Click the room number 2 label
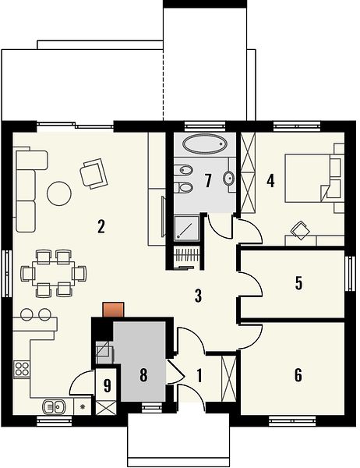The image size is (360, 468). [x=101, y=226]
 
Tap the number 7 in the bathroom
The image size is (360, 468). [x=208, y=181]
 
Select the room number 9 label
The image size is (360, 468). [x=107, y=385]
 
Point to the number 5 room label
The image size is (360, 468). [x=298, y=283]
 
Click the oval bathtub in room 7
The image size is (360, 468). [x=205, y=144]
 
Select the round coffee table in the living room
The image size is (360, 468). [x=59, y=193]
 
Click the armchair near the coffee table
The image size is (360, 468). [x=94, y=173]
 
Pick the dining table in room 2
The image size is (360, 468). [x=54, y=273]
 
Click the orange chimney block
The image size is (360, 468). [x=113, y=310]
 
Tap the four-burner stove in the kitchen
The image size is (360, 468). [x=22, y=368]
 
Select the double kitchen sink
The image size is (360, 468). [x=55, y=406]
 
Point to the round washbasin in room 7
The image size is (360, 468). [x=229, y=179]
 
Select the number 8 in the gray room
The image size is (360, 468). [x=143, y=375]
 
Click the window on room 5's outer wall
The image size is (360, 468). [x=350, y=274]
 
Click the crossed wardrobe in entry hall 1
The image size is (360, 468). [x=229, y=378]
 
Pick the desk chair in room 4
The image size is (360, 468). [x=301, y=230]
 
